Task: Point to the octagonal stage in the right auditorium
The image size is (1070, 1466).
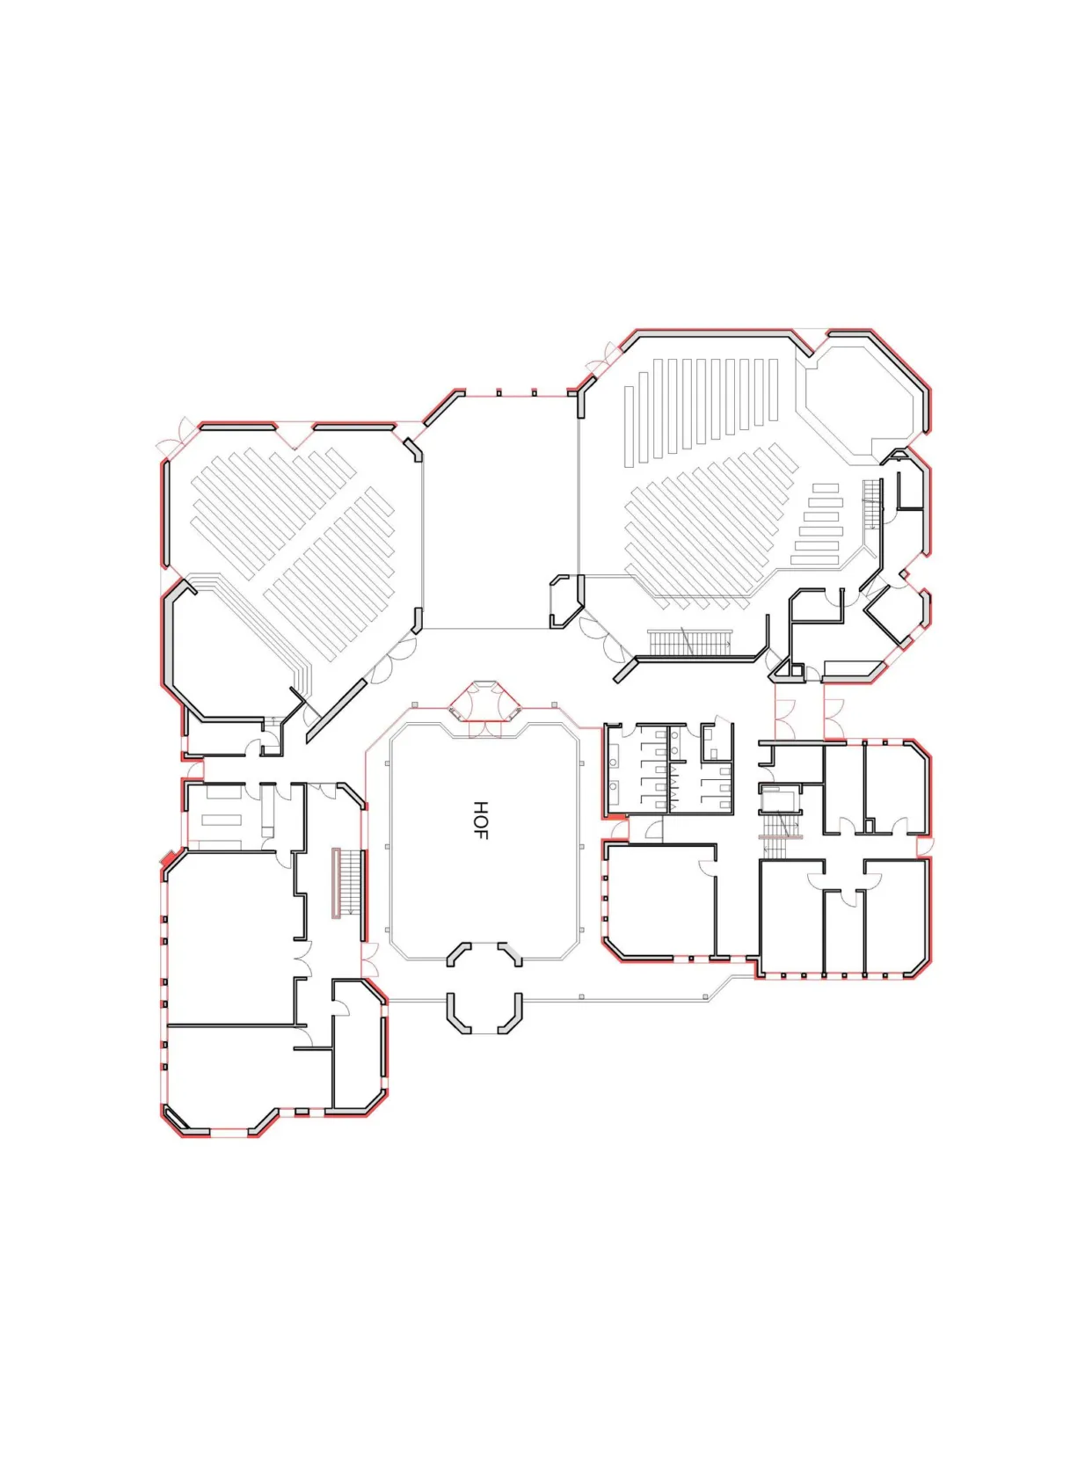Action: point(861,405)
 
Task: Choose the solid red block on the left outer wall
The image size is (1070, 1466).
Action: point(168,857)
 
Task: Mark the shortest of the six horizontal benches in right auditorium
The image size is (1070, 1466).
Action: point(826,487)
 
